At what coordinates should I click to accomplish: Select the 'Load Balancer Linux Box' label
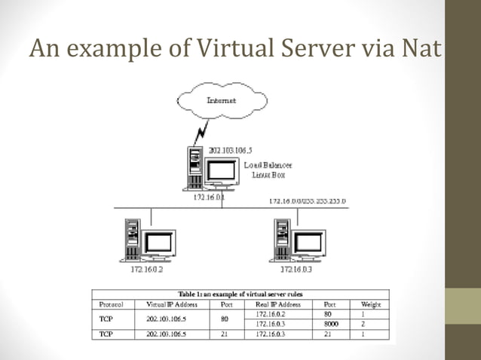tap(268, 169)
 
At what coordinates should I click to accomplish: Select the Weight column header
tap(372, 304)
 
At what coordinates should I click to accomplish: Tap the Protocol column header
tap(112, 304)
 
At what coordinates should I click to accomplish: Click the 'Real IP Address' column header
tap(278, 304)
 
